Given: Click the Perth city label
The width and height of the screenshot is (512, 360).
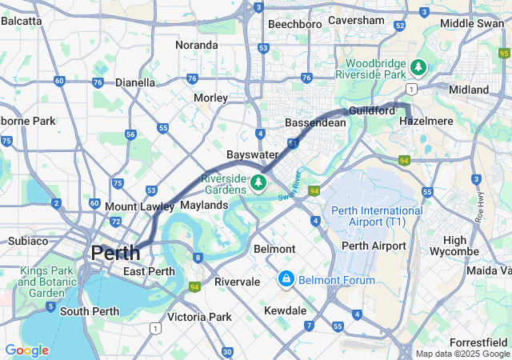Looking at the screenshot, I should click(x=115, y=253).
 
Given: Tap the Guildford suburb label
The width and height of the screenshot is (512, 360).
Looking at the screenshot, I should click(x=371, y=110).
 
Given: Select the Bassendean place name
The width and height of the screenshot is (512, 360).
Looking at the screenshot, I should click(x=315, y=123).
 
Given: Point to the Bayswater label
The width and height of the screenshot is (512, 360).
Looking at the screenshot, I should click(x=252, y=154).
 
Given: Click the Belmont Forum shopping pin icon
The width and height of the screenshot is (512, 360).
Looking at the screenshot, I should click(x=286, y=279).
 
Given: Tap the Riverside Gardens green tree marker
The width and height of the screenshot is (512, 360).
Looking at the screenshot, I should click(x=258, y=183).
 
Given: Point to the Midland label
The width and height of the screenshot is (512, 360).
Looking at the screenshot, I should click(x=469, y=90).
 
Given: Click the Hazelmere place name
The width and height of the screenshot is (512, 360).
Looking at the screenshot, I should click(x=426, y=121).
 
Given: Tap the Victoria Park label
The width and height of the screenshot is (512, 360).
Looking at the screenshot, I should click(x=199, y=317).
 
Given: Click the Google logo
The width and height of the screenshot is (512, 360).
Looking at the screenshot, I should click(x=26, y=350).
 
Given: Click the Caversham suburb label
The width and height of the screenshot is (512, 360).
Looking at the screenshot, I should click(x=356, y=20).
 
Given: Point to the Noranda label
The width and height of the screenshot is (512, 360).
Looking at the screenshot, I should click(x=197, y=45).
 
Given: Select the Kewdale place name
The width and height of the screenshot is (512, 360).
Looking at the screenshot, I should click(x=285, y=310).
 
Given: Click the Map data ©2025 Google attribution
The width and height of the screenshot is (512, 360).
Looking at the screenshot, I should click(x=462, y=354).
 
